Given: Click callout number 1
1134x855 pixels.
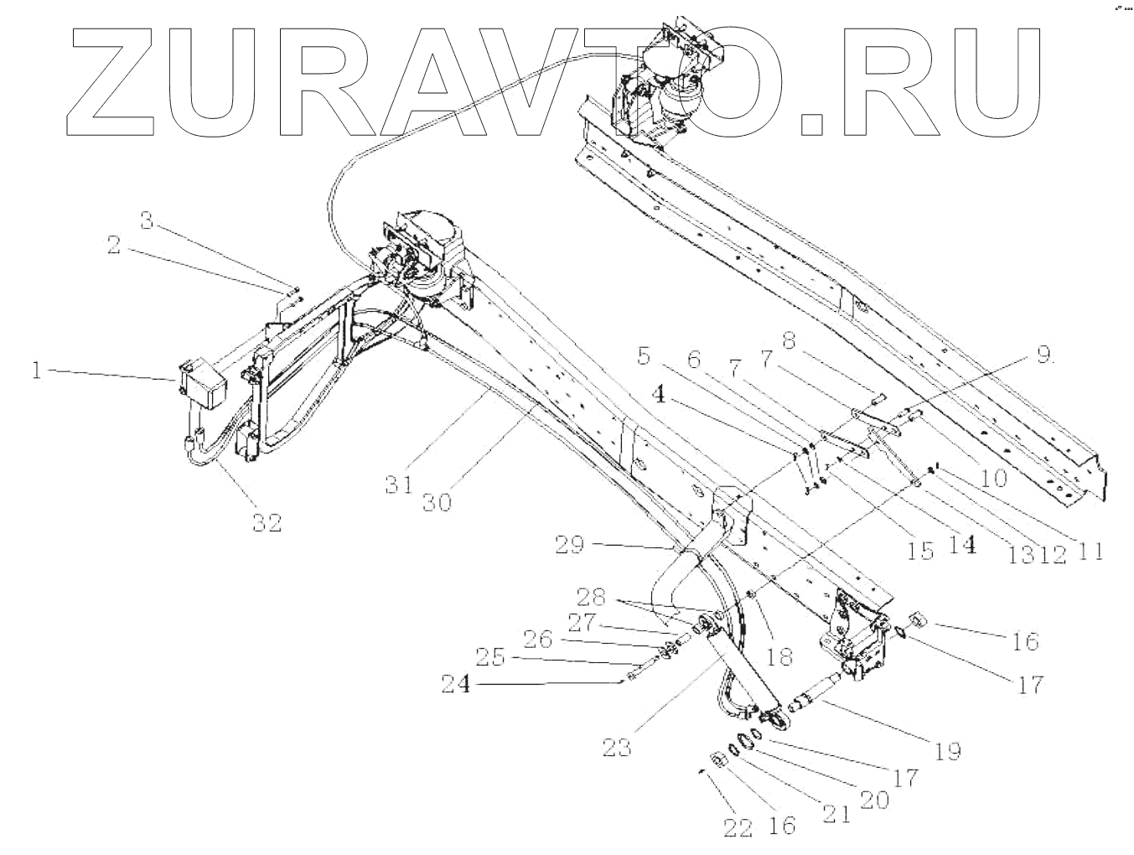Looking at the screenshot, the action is [x=36, y=370].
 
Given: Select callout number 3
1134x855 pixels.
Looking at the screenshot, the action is [x=147, y=221].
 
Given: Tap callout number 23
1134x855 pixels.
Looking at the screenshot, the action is [x=619, y=746].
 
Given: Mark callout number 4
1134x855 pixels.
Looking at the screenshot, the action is [x=661, y=393].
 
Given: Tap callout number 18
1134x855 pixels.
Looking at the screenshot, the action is [x=779, y=655].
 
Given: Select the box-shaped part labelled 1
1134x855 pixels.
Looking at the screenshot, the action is [x=204, y=385].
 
